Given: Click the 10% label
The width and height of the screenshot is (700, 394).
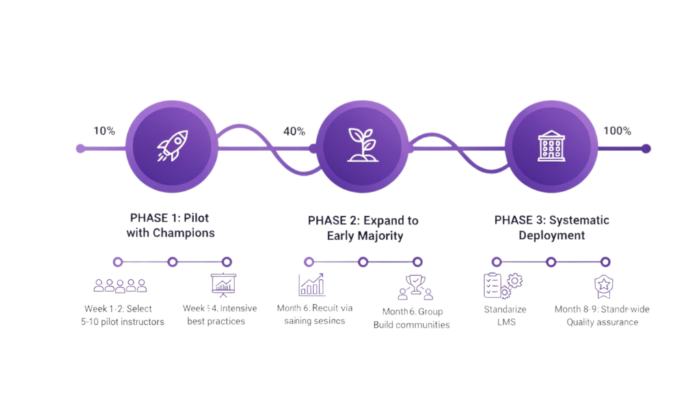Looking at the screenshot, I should pos(104,131).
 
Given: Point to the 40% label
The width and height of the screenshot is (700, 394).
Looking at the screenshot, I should pos(294,131).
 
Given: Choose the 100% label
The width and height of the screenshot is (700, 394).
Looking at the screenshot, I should pos(617,131).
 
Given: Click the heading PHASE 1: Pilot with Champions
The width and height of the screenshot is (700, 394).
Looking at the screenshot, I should pos(170,225).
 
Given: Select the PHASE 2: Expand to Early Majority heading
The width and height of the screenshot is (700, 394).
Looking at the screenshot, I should pos(363,228).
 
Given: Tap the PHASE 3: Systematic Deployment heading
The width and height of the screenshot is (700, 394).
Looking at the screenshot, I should pos(552,228).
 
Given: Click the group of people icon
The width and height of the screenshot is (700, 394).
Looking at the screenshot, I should pos(120,285).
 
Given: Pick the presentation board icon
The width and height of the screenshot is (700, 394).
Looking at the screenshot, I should pos(223,284).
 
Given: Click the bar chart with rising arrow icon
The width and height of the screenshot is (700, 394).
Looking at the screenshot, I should pos(312,284).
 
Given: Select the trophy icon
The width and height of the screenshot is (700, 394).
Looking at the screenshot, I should pos(415,287).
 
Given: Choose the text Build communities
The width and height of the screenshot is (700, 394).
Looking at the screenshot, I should pos(411,324).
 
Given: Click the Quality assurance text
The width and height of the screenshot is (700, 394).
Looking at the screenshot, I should pos(602,322).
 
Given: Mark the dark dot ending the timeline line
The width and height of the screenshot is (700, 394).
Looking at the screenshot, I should pos(646,148).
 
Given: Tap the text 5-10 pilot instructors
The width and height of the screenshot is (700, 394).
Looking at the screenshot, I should pos(122,321).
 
